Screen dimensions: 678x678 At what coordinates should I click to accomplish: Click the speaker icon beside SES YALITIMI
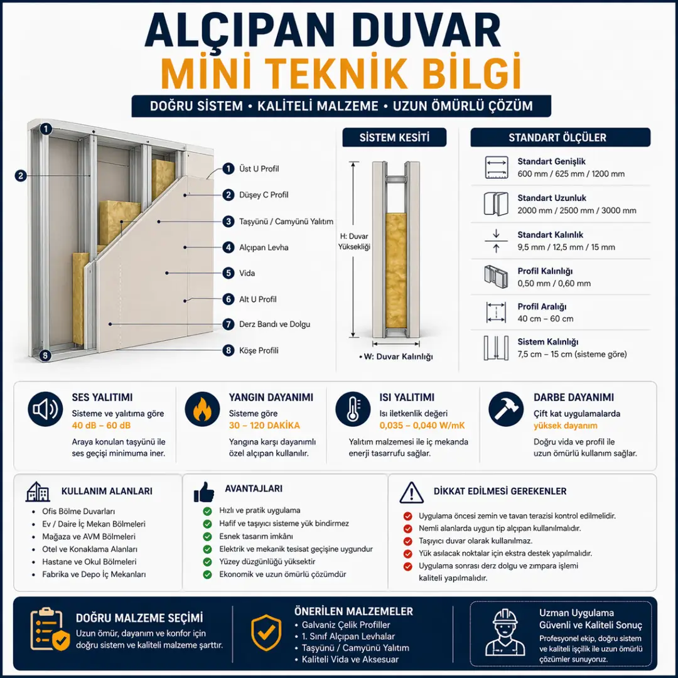click(45, 410)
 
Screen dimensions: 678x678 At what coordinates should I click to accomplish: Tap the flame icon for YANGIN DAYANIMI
click(202, 410)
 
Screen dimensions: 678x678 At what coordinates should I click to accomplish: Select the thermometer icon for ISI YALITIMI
click(353, 410)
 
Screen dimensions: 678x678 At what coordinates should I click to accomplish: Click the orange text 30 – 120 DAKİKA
click(264, 426)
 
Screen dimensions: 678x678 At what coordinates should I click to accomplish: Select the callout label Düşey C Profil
click(264, 195)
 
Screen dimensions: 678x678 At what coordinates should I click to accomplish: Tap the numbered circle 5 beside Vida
click(229, 273)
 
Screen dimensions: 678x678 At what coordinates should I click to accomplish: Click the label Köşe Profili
click(259, 350)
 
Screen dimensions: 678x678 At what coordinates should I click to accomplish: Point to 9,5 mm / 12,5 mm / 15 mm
click(566, 247)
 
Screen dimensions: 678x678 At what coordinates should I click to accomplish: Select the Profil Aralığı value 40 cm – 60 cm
click(545, 319)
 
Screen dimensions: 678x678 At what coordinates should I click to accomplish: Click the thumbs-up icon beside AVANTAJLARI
click(204, 491)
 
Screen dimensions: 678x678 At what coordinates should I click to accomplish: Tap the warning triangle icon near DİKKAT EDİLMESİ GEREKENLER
click(411, 492)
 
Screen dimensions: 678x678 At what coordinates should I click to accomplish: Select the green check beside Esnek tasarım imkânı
click(207, 537)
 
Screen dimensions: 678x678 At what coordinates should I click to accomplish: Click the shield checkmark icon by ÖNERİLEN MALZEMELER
click(266, 633)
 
